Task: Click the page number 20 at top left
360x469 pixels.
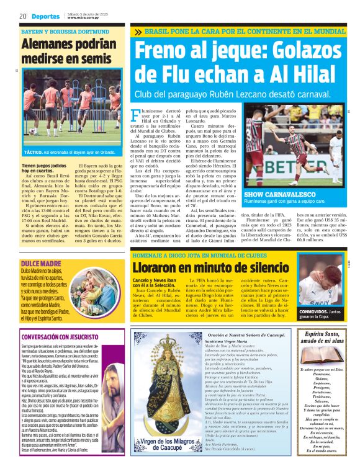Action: [x=22, y=16]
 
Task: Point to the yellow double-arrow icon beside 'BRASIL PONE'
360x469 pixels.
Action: [x=138, y=32]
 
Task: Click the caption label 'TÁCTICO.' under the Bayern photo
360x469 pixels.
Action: [x=33, y=151]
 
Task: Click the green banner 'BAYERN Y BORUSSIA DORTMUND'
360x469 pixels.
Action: [x=57, y=31]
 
